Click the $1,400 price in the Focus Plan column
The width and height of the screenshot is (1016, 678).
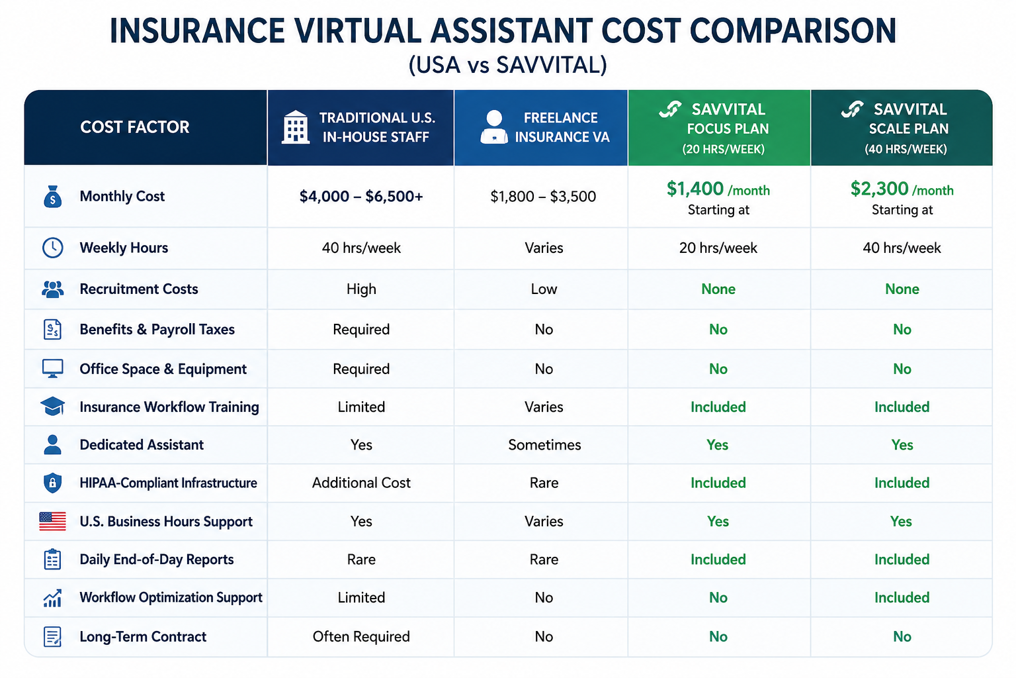pyautogui.click(x=695, y=189)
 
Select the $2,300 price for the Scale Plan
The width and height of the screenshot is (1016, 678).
pyautogui.click(x=879, y=189)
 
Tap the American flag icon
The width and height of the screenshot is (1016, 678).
pyautogui.click(x=53, y=521)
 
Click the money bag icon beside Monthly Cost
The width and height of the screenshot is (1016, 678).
pyautogui.click(x=53, y=196)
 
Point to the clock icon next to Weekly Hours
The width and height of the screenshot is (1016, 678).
pyautogui.click(x=53, y=248)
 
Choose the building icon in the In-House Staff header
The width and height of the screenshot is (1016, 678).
pyautogui.click(x=296, y=127)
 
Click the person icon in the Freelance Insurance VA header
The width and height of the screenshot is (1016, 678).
pyautogui.click(x=494, y=127)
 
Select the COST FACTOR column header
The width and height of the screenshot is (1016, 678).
pyautogui.click(x=135, y=127)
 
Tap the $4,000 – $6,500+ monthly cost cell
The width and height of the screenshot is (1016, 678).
pyautogui.click(x=361, y=196)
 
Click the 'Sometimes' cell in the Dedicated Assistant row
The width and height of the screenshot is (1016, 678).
pyautogui.click(x=544, y=444)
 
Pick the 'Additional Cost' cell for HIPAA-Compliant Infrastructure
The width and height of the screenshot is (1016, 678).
pyautogui.click(x=361, y=482)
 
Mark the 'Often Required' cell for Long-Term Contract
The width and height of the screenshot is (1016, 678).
pyautogui.click(x=361, y=636)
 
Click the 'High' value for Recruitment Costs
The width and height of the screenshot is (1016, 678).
pyautogui.click(x=361, y=289)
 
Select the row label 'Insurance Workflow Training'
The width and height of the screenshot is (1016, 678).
pyautogui.click(x=169, y=407)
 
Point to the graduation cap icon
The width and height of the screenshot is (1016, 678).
pyautogui.click(x=53, y=407)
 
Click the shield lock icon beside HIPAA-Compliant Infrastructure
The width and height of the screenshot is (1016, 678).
pyautogui.click(x=53, y=483)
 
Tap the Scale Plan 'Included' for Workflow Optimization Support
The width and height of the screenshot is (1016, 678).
pyautogui.click(x=902, y=597)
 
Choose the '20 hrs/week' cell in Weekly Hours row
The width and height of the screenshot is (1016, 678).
pyautogui.click(x=718, y=248)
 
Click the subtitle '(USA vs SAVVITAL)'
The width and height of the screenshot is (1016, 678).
pyautogui.click(x=507, y=65)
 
